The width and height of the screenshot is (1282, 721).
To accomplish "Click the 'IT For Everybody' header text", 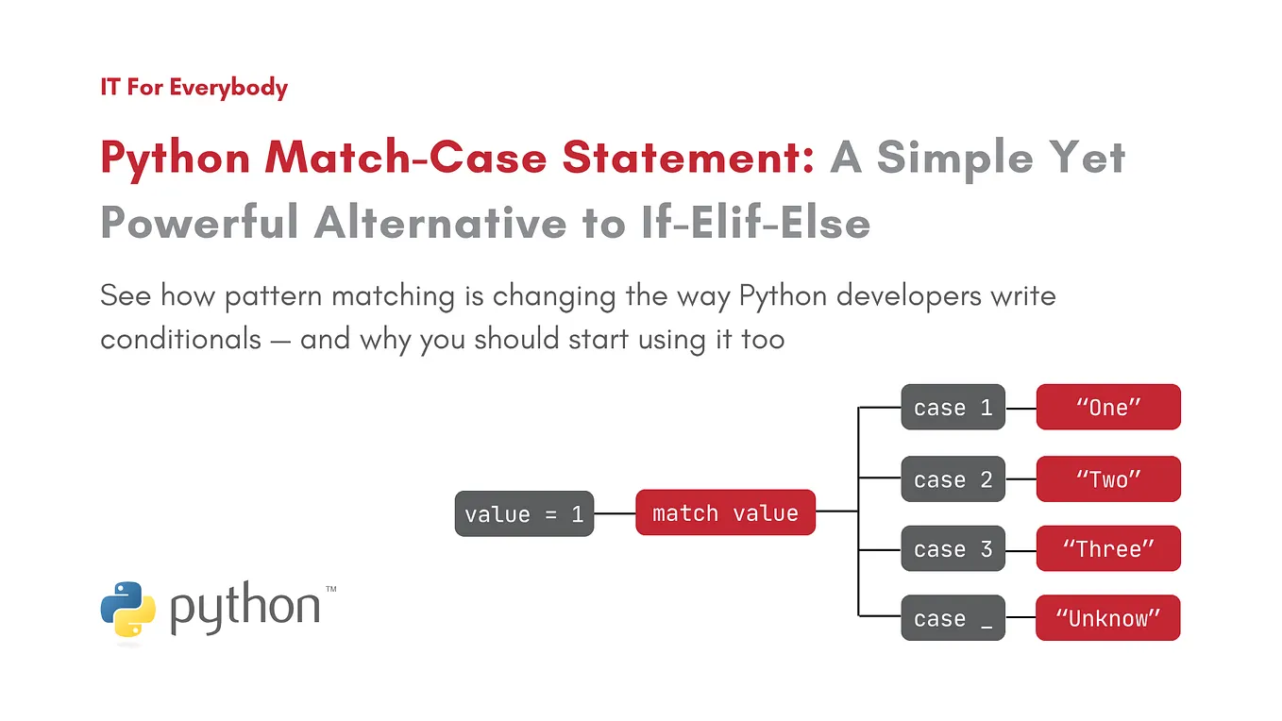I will (194, 88).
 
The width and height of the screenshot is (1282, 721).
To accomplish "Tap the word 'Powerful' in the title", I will (200, 223).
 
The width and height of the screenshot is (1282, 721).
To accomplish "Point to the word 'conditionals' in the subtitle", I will (180, 339).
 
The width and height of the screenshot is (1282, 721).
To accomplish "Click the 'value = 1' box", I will (524, 514).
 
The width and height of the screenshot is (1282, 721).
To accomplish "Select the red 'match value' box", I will (725, 512).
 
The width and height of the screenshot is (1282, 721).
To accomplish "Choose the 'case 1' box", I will (953, 408).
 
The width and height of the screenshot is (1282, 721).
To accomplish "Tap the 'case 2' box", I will (953, 479).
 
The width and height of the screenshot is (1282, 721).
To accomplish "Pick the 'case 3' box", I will (953, 549).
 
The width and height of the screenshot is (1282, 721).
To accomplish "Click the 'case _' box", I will (953, 618).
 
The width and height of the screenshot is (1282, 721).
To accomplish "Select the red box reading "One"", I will (1108, 408).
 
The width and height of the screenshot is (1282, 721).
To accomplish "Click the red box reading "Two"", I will (1108, 479).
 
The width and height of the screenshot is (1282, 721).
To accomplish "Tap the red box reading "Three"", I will (1108, 549).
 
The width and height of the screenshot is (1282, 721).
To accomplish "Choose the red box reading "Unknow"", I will (1107, 618).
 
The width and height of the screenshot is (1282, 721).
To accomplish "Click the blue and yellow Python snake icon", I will (127, 609).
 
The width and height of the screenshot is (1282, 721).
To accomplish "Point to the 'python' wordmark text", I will (245, 610).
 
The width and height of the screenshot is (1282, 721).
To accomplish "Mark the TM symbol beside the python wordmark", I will (330, 589).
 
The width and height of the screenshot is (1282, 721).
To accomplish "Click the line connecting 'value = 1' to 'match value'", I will (615, 514).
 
